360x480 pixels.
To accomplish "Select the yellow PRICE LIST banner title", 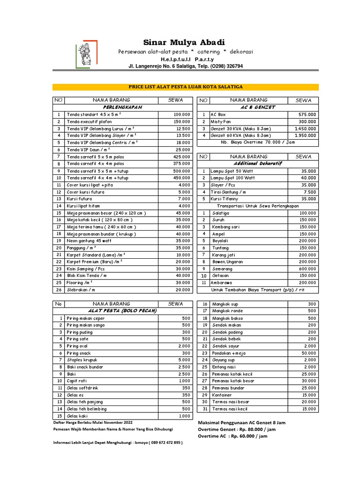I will pyautogui.click(x=186, y=87).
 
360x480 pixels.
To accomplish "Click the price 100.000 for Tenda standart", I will pyautogui.click(x=181, y=114).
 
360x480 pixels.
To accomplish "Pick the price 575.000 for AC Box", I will pyautogui.click(x=307, y=114).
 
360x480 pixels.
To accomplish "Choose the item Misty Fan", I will pyautogui.click(x=220, y=121).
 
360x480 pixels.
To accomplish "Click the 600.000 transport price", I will pyautogui.click(x=307, y=269).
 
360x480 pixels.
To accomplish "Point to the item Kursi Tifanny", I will pyautogui.click(x=224, y=199).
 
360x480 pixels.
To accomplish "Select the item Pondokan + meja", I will pyautogui.click(x=229, y=353).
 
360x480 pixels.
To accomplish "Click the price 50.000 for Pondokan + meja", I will pyautogui.click(x=308, y=353).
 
